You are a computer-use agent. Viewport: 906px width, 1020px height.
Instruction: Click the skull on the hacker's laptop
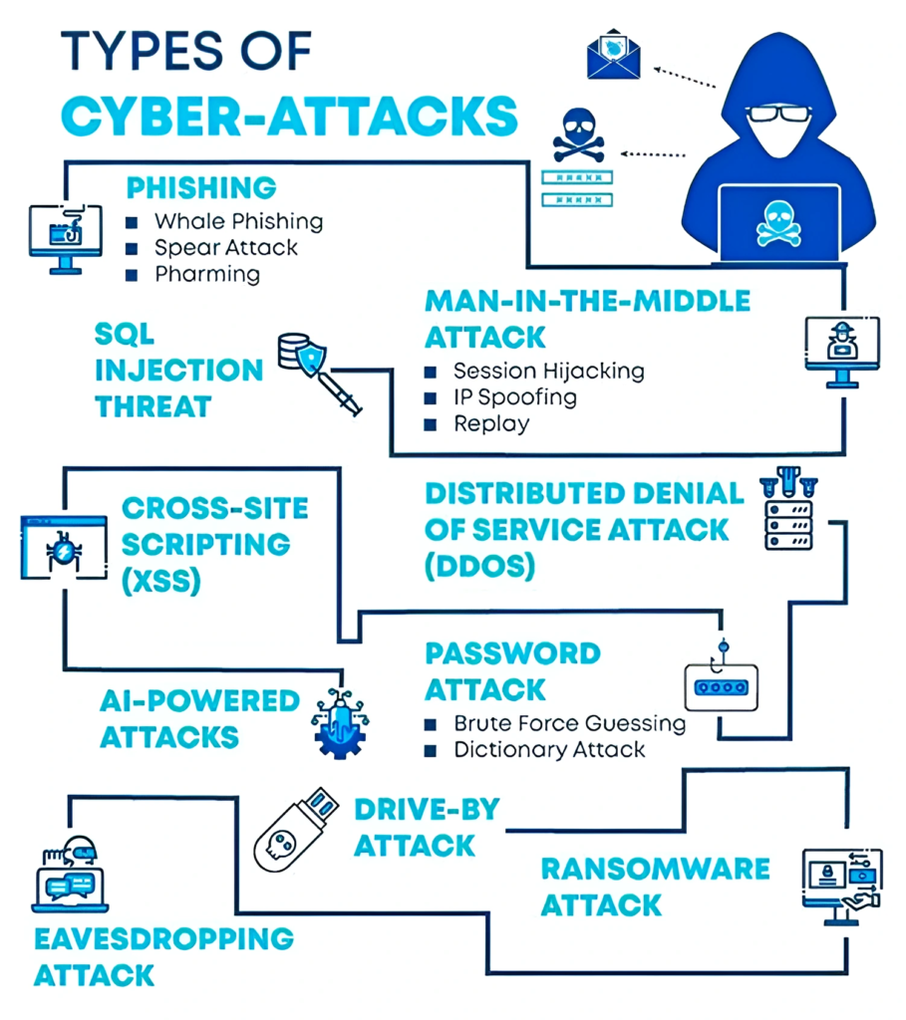778,225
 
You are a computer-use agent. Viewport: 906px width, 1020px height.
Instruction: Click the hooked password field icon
720,683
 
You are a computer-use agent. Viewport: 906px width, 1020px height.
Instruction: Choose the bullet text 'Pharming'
206,274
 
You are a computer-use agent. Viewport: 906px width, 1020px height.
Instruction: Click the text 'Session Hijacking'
548,371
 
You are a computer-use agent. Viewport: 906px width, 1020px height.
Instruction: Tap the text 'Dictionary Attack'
549,749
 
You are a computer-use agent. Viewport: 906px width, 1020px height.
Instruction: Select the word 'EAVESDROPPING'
163,938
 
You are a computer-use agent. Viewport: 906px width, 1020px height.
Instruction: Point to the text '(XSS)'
160,582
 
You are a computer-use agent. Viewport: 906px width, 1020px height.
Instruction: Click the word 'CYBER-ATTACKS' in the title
289,116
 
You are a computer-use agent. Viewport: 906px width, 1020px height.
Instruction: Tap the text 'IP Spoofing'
514,397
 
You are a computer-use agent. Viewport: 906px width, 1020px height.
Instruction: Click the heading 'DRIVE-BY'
427,809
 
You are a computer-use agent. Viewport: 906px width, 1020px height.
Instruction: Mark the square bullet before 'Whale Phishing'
132,221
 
